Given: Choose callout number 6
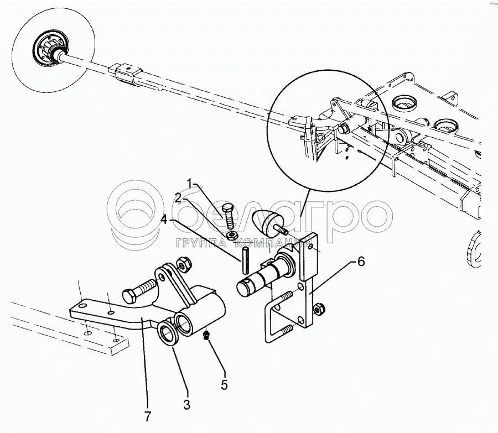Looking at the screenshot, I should click(x=360, y=262).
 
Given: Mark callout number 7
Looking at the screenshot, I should click(x=147, y=415).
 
